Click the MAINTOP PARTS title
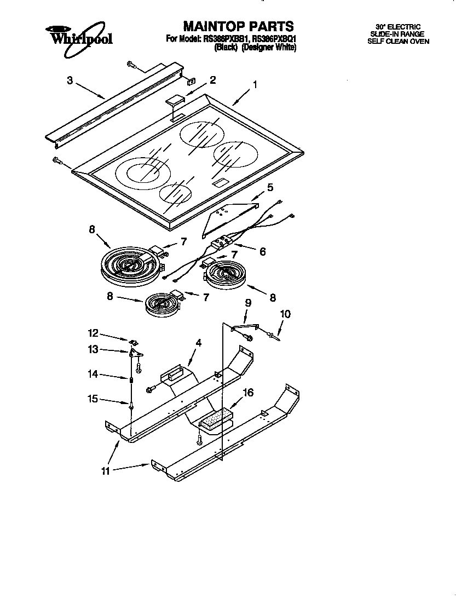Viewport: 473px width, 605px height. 238,26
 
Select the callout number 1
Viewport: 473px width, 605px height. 255,85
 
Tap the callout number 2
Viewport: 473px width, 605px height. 212,80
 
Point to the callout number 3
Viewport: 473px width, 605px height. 70,80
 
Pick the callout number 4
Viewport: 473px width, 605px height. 199,343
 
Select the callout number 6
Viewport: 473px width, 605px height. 263,251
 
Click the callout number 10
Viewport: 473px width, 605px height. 285,314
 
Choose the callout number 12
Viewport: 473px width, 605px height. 94,332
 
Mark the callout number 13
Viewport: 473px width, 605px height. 94,349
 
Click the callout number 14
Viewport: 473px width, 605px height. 94,374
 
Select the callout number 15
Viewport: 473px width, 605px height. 94,399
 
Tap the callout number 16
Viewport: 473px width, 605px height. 249,392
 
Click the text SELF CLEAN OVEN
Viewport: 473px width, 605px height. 398,41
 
